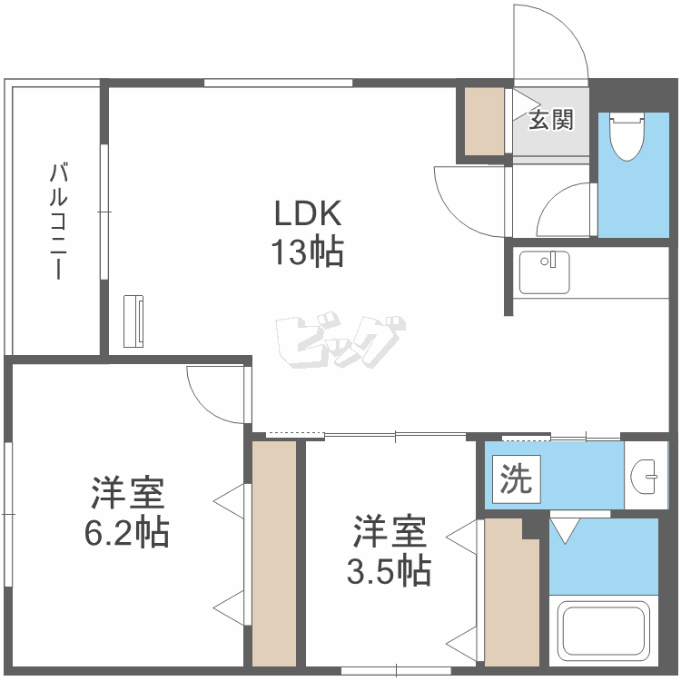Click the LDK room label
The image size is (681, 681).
pyautogui.click(x=309, y=214)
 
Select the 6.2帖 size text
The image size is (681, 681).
pyautogui.click(x=127, y=532)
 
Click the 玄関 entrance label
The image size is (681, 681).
pyautogui.click(x=551, y=120)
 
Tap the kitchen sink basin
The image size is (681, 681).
pyautogui.click(x=544, y=270)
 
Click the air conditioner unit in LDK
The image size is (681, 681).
pyautogui.click(x=133, y=320)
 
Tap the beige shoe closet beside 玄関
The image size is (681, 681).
pyautogui.click(x=484, y=122)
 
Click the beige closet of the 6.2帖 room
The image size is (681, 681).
pyautogui.click(x=274, y=553)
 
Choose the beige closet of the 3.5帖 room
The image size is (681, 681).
pyautogui.click(x=510, y=595)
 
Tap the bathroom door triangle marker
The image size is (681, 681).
pyautogui.click(x=563, y=530)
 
